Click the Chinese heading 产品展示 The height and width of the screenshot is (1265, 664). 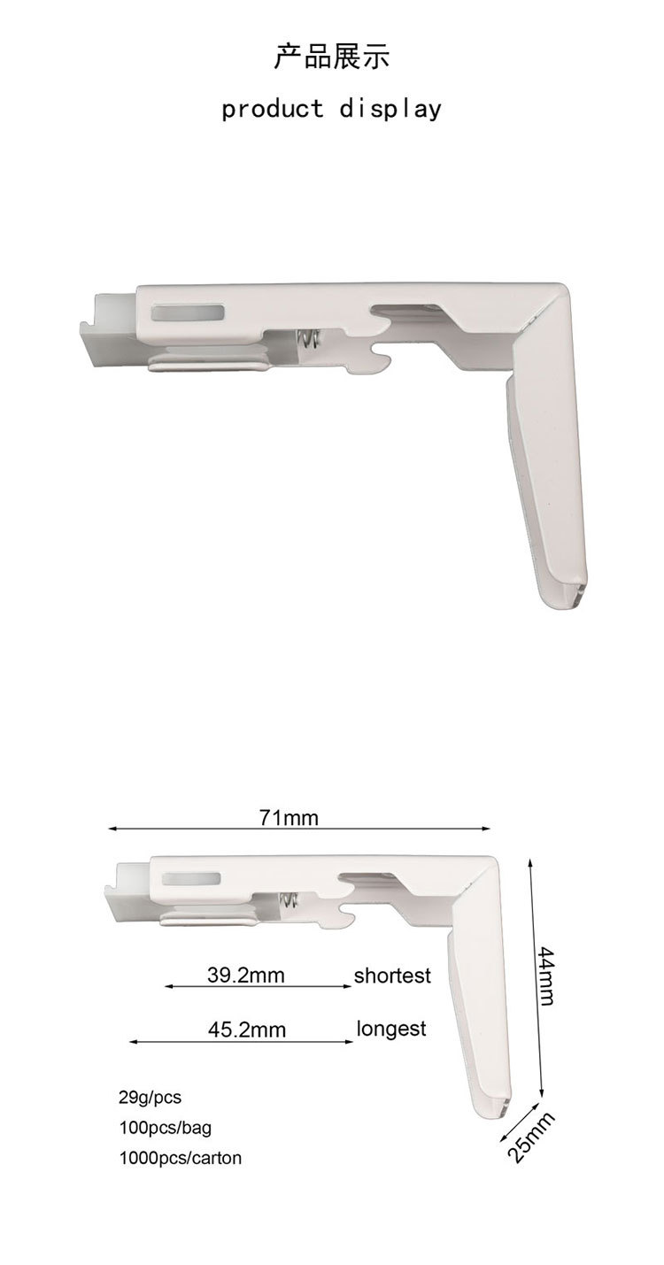331,58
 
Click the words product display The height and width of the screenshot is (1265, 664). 331,108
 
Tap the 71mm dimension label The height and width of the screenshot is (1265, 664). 289,817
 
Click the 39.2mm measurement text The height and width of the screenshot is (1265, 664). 245,975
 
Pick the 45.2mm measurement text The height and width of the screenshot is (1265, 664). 247,1030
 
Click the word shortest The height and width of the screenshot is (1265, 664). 392,976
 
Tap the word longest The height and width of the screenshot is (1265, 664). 390,1029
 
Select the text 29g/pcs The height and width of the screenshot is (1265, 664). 150,1098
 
